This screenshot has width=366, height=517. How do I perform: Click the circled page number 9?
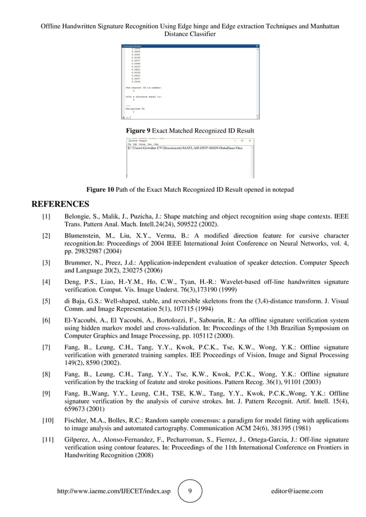[x=190, y=491]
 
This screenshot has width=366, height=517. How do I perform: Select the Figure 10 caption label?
[x=100, y=190]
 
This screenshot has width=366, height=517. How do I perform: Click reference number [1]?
[x=46, y=218]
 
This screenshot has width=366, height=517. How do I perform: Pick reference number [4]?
[x=46, y=282]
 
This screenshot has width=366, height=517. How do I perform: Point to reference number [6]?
[x=46, y=319]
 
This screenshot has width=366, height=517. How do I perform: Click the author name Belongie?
[x=78, y=218]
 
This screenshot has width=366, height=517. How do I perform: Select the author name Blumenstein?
[x=85, y=236]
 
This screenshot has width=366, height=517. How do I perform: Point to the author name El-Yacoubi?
[x=81, y=319]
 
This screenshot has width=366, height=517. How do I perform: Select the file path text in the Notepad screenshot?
[x=185, y=148]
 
